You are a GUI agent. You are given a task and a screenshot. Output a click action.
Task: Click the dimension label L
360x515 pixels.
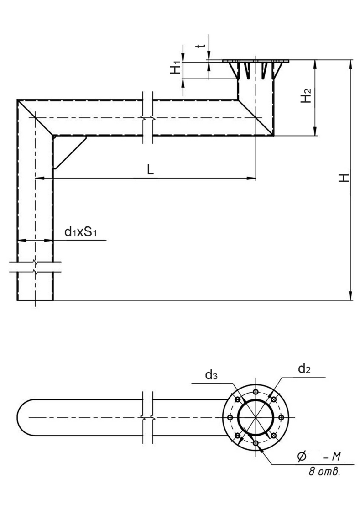[150, 169]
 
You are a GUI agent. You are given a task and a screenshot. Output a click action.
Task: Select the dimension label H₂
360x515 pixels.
[307, 95]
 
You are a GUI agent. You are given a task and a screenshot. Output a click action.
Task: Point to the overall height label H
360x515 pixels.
[344, 178]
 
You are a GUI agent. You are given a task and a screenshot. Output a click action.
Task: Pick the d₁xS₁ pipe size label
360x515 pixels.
[81, 232]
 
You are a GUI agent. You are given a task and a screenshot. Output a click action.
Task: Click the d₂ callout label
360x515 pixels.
[304, 369]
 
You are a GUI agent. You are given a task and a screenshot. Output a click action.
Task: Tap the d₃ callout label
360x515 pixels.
[211, 374]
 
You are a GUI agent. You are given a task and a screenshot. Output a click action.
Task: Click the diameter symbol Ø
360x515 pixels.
[302, 457]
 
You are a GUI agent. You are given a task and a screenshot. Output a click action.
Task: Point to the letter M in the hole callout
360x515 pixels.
[335, 457]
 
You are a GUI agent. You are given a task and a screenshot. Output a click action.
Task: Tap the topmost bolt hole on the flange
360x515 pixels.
[256, 392]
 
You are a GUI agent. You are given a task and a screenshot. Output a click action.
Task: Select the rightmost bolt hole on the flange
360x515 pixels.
[281, 417]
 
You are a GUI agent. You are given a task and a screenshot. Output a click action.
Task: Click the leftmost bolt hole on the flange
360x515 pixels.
[230, 417]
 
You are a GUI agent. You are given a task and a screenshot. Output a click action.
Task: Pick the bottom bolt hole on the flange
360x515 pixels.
[256, 443]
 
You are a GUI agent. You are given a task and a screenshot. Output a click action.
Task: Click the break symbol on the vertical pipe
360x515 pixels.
[35, 267]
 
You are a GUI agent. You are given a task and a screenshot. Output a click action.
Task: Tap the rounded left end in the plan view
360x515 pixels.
[25, 417]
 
